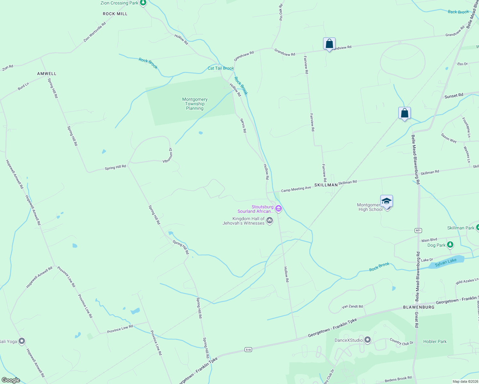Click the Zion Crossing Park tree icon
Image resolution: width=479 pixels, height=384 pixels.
[143, 3]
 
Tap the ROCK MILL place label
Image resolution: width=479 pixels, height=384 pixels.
[115, 14]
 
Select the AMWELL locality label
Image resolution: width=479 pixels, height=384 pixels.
[47, 74]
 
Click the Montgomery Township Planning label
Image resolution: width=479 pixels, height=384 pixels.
[195, 104]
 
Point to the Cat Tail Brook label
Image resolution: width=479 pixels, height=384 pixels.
[221, 68]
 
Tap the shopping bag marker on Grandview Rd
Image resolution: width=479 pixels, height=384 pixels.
[329, 44]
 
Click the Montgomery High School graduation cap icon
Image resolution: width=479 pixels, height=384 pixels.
[386, 201]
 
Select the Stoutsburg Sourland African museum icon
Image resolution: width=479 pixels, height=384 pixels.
[279, 209]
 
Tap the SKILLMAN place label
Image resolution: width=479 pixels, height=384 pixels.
[326, 185]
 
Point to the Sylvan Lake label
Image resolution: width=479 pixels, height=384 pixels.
[446, 261]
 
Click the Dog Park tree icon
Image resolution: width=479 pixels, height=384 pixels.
[450, 245]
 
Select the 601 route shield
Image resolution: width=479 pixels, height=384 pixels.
[418, 230]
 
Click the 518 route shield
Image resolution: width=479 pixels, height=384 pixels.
[248, 349]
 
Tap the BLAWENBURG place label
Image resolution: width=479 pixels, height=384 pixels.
[418, 307]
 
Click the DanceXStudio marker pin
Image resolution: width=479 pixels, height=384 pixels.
[368, 340]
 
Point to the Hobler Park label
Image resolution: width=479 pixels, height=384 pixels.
[434, 341]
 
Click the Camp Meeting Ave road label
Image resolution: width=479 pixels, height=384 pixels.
[296, 189]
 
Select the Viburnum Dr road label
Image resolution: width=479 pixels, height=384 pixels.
[168, 155]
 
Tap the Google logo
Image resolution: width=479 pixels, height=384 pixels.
[11, 380]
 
